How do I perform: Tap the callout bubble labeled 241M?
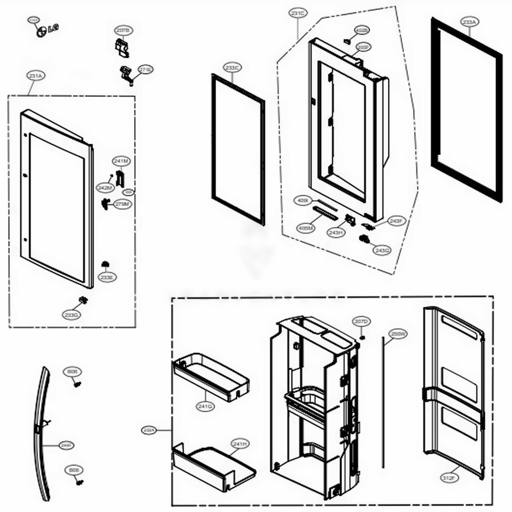pos(122,161)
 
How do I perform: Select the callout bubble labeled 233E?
pos(108,277)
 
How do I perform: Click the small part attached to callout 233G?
pos(82,299)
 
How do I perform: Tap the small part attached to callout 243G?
pos(365,239)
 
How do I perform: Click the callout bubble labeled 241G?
pos(205,406)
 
